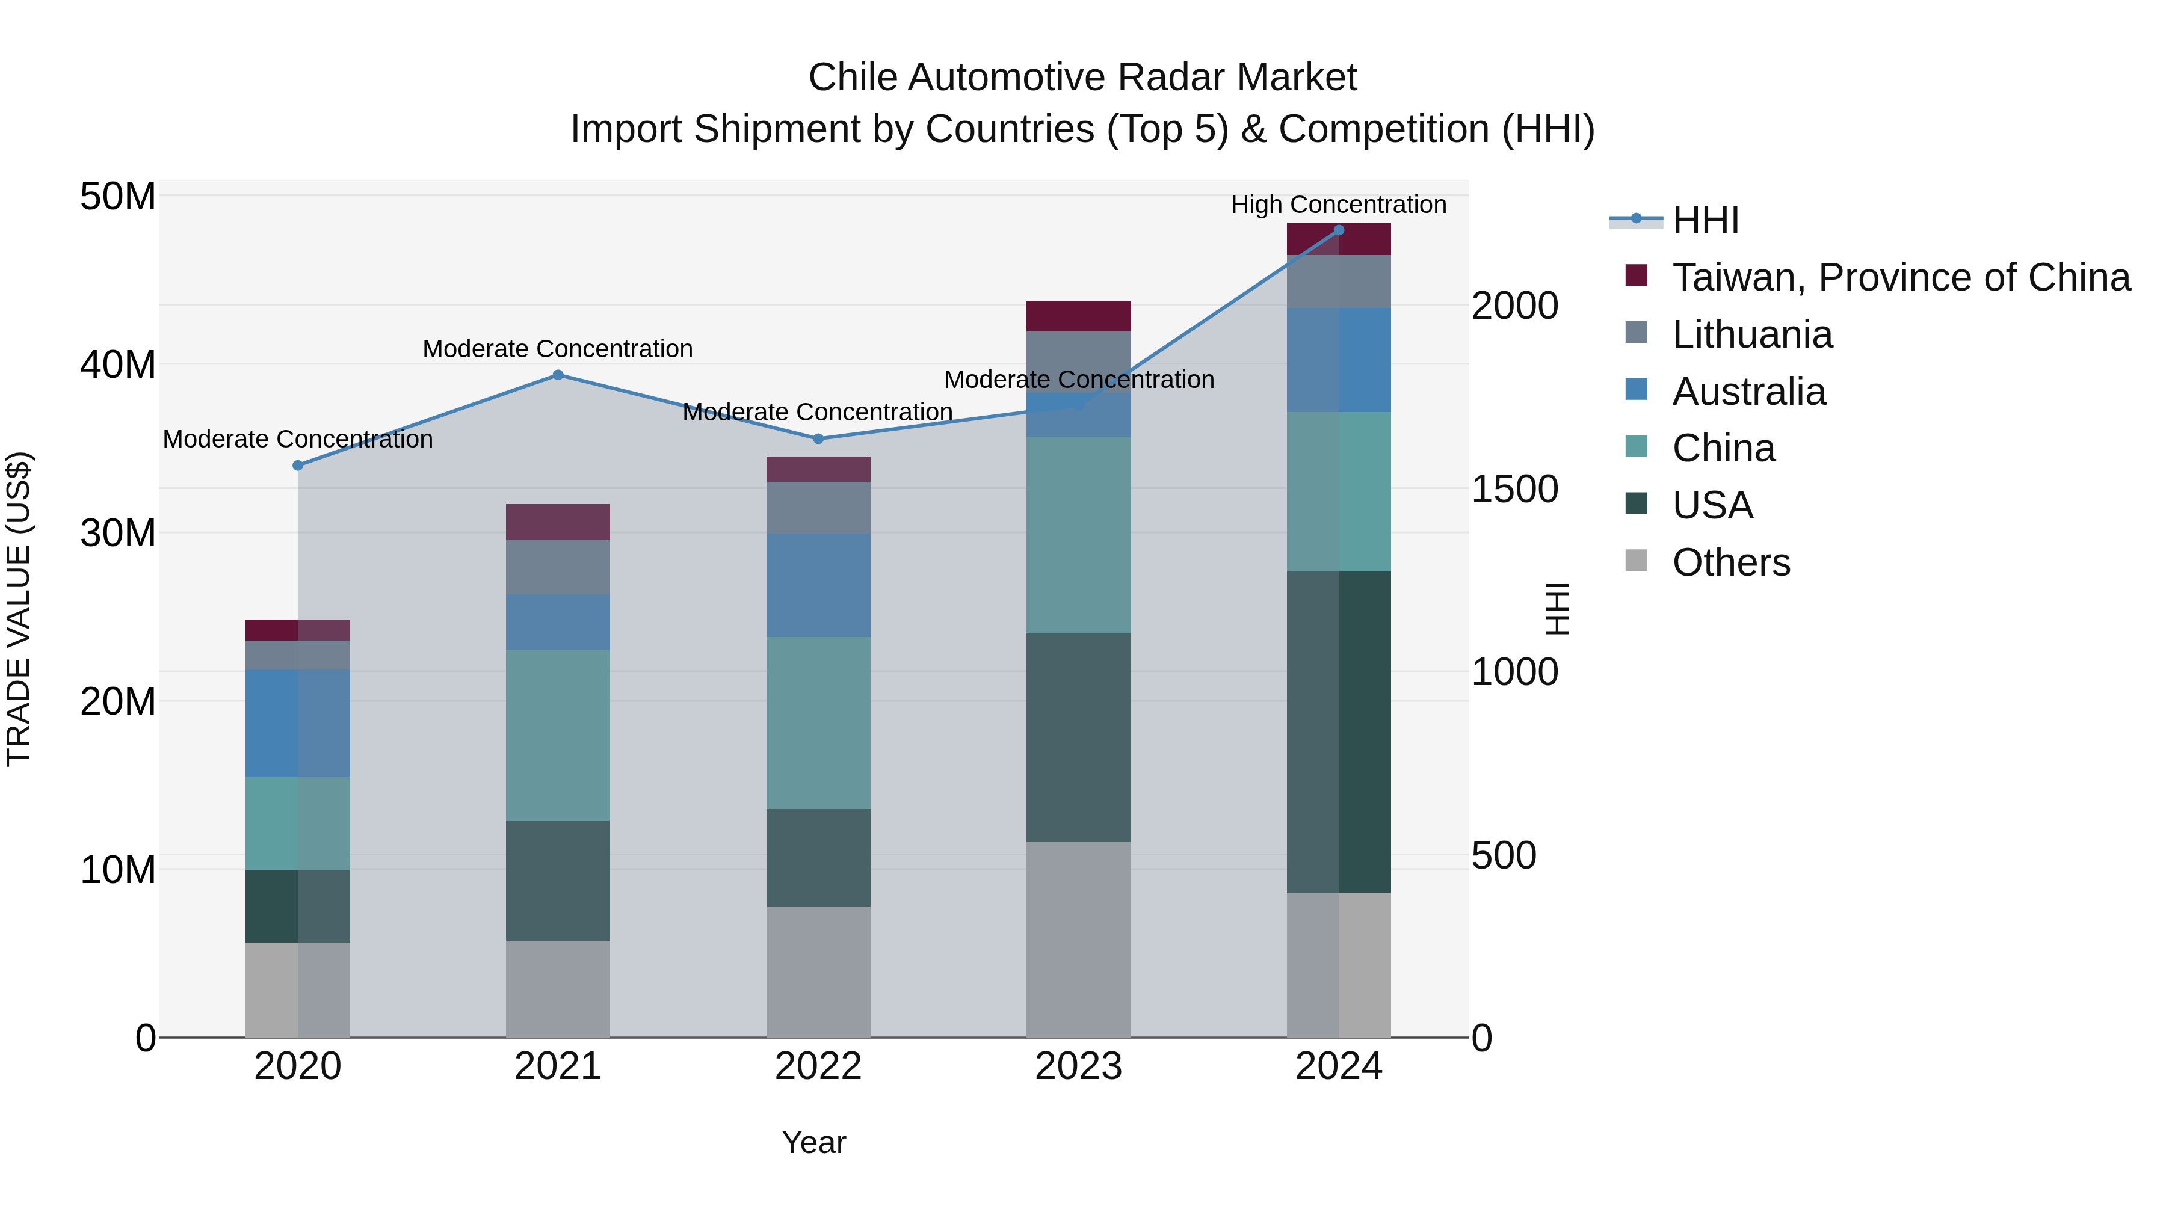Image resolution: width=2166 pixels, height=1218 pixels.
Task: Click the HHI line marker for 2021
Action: point(558,375)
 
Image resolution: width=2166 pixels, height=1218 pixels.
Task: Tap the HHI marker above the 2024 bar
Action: point(1339,230)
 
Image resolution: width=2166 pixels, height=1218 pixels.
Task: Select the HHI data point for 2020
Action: point(298,465)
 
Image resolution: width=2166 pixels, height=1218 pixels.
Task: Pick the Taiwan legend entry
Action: point(1900,277)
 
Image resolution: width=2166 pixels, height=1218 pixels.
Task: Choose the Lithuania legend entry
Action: point(1751,334)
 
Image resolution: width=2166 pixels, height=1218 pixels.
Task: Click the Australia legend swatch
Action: point(1637,390)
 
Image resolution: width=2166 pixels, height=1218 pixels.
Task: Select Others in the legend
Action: point(1730,562)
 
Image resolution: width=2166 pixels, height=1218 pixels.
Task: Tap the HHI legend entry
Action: point(1705,220)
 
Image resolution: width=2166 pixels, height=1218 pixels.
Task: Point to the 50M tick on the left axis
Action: point(118,197)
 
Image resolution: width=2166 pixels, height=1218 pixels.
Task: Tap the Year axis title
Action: point(813,1142)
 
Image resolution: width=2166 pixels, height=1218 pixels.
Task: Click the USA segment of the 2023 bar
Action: point(1078,737)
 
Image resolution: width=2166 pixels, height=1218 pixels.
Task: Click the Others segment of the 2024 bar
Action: point(1339,964)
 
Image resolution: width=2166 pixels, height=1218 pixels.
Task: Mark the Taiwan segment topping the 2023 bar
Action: point(1078,315)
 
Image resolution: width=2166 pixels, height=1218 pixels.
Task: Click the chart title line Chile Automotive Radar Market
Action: point(1082,78)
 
